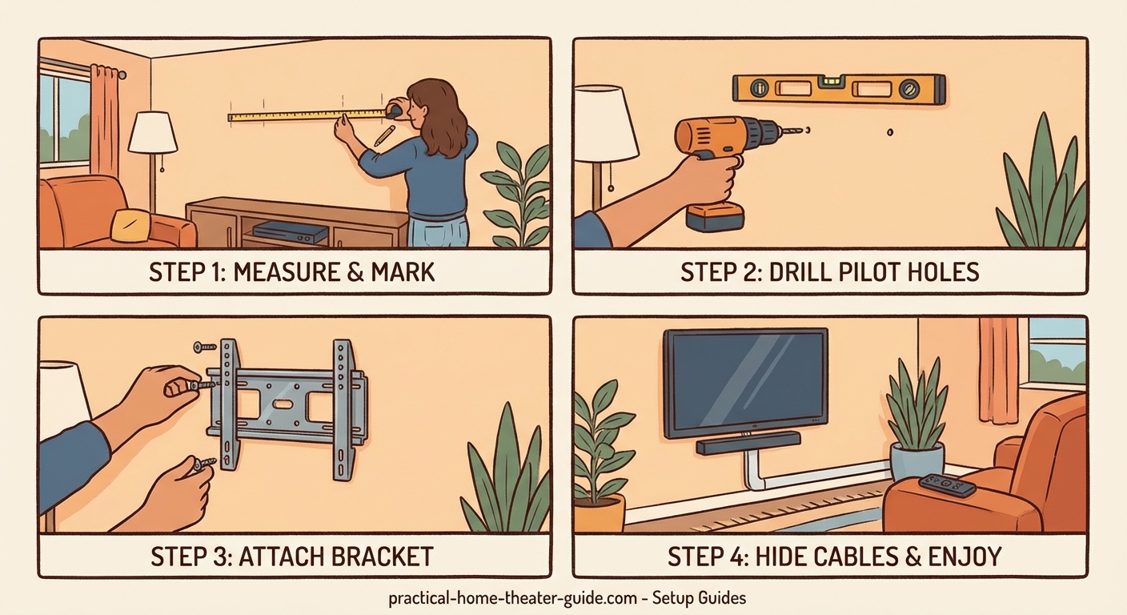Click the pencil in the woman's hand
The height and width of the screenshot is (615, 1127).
(x=383, y=134)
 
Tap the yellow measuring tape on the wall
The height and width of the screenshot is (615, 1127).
(x=304, y=115)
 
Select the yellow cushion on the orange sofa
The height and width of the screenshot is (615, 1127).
(x=131, y=225)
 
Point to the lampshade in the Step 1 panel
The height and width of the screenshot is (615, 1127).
(x=153, y=132)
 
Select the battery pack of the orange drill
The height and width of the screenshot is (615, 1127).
(x=716, y=215)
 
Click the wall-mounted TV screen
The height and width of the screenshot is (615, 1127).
(x=745, y=382)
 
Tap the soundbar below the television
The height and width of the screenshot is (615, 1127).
(x=748, y=443)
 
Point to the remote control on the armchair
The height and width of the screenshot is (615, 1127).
(x=947, y=484)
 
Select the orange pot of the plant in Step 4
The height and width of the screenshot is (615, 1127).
(x=599, y=512)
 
